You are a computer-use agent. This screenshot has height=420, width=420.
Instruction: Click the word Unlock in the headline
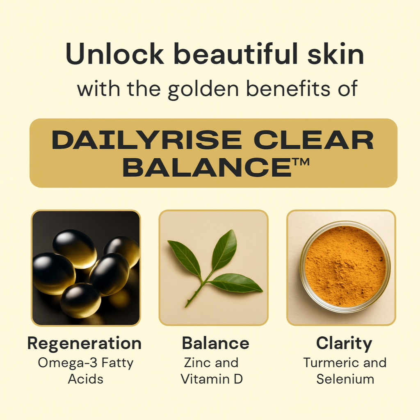tap(115, 54)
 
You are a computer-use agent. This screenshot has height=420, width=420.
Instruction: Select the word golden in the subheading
tap(203, 89)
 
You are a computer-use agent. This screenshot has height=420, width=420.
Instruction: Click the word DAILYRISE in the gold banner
tap(147, 140)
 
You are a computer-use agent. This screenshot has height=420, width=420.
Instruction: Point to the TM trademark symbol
tap(301, 162)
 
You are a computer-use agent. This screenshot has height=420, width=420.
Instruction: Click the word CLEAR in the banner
tap(314, 140)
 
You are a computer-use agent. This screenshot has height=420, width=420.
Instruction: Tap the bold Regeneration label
tap(84, 344)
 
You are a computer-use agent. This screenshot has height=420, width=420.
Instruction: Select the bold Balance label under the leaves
tap(216, 343)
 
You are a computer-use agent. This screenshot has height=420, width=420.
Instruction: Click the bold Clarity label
tap(344, 344)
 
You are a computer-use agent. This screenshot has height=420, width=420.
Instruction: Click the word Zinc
tap(197, 363)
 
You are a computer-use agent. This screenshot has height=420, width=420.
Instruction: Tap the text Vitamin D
tap(212, 379)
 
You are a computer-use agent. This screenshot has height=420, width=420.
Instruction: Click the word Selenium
tap(345, 379)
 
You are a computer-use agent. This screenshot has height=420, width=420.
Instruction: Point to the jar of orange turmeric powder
tap(345, 267)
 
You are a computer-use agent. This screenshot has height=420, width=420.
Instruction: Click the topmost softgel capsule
tap(75, 249)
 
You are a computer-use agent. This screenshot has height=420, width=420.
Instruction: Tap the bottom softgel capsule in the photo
tap(80, 301)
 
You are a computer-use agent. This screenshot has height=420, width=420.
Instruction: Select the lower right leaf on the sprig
tap(236, 283)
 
